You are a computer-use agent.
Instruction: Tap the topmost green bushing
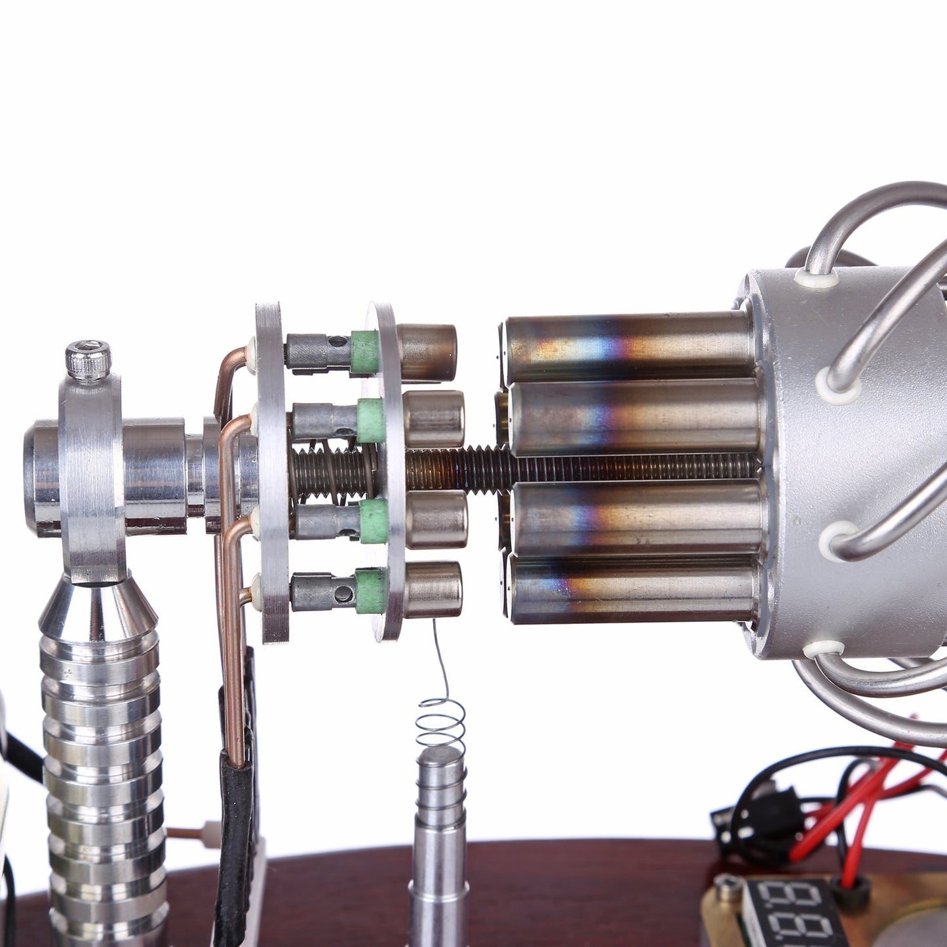[x=365, y=353]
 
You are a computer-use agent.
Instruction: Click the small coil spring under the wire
[x=441, y=724]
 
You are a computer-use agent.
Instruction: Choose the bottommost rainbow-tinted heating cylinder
[x=632, y=588]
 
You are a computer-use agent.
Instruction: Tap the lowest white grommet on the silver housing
[x=823, y=649]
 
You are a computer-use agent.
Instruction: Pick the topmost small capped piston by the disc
[x=427, y=353]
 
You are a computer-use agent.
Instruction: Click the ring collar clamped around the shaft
[x=91, y=472]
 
